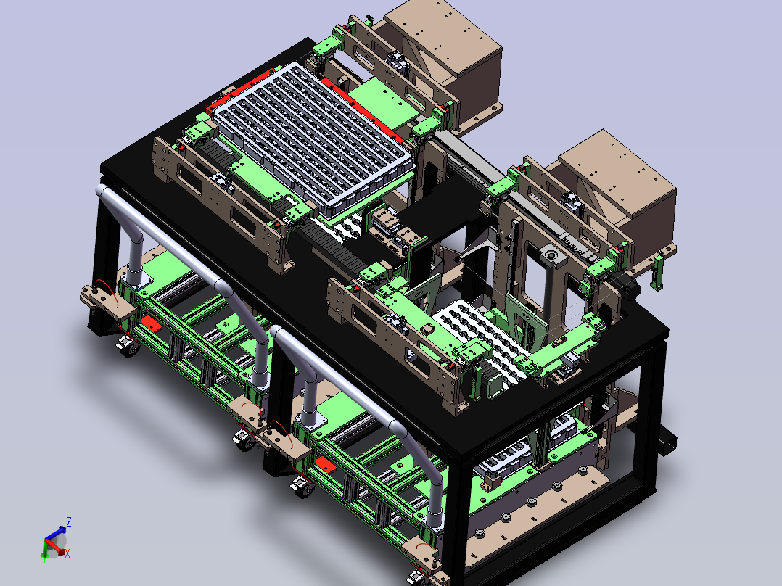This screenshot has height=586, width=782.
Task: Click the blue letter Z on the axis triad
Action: tap(69, 522)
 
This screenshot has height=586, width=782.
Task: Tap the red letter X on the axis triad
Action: tap(67, 553)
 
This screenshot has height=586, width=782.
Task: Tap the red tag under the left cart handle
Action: tap(151, 323)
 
